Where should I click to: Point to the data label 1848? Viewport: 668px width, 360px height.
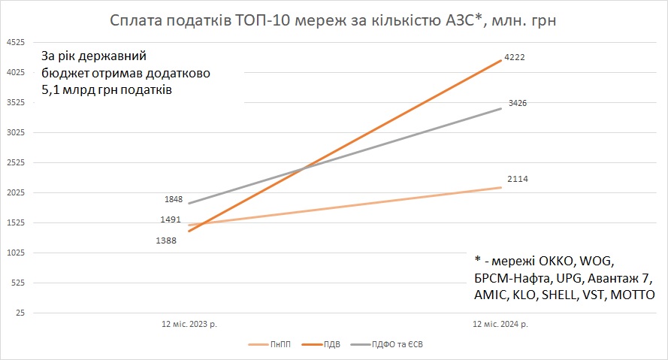[174, 200]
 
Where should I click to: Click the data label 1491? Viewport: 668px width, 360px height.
[170, 219]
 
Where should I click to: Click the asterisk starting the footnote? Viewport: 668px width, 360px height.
[478, 259]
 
